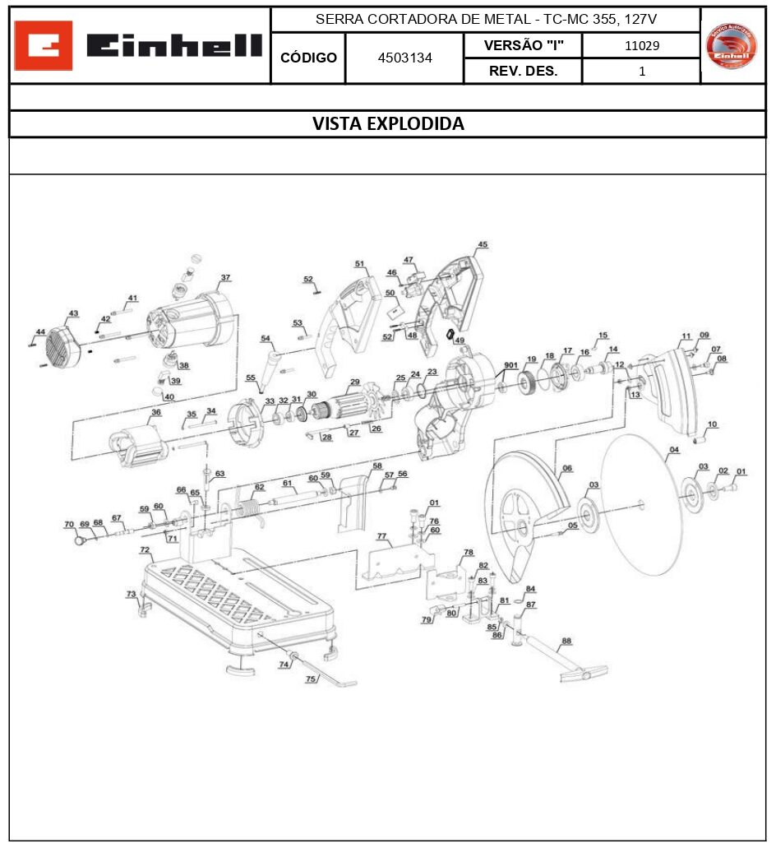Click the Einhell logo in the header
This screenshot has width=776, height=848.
click(x=140, y=45)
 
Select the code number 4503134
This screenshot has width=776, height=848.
click(x=404, y=58)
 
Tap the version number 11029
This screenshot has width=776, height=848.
click(x=641, y=45)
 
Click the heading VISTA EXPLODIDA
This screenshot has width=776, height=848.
click(x=388, y=124)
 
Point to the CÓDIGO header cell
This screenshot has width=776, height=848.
click(x=308, y=58)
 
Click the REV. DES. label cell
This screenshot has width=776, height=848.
click(x=523, y=71)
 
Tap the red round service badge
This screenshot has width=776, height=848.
click(x=732, y=46)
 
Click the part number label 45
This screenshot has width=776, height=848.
click(x=483, y=244)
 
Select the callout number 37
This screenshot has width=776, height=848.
click(x=225, y=278)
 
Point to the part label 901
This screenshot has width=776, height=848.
click(x=510, y=365)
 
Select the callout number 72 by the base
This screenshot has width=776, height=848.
click(x=145, y=549)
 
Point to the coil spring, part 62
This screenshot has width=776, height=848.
click(x=250, y=503)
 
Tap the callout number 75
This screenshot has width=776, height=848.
click(x=311, y=679)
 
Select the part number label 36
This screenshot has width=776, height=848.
click(x=155, y=412)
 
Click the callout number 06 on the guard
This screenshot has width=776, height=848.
click(x=566, y=469)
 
